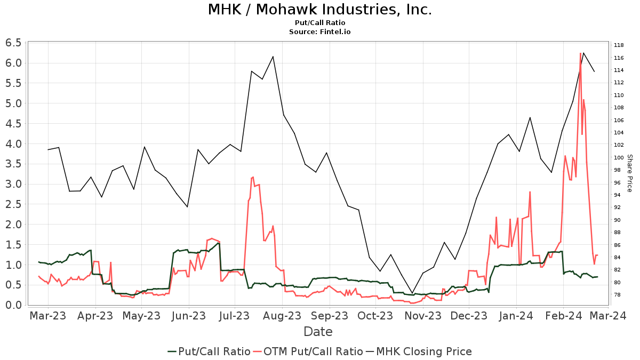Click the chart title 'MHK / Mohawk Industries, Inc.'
coord(319,10)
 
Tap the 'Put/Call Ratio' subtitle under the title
coord(319,23)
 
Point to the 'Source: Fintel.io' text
coord(319,32)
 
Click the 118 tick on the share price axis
coord(619,45)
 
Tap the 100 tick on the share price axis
coord(619,157)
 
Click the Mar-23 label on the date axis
coord(48,316)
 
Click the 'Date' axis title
coord(318,332)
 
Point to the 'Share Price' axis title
coord(629,173)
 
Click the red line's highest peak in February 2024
coord(580,53)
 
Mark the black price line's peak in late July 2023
coord(273,57)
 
